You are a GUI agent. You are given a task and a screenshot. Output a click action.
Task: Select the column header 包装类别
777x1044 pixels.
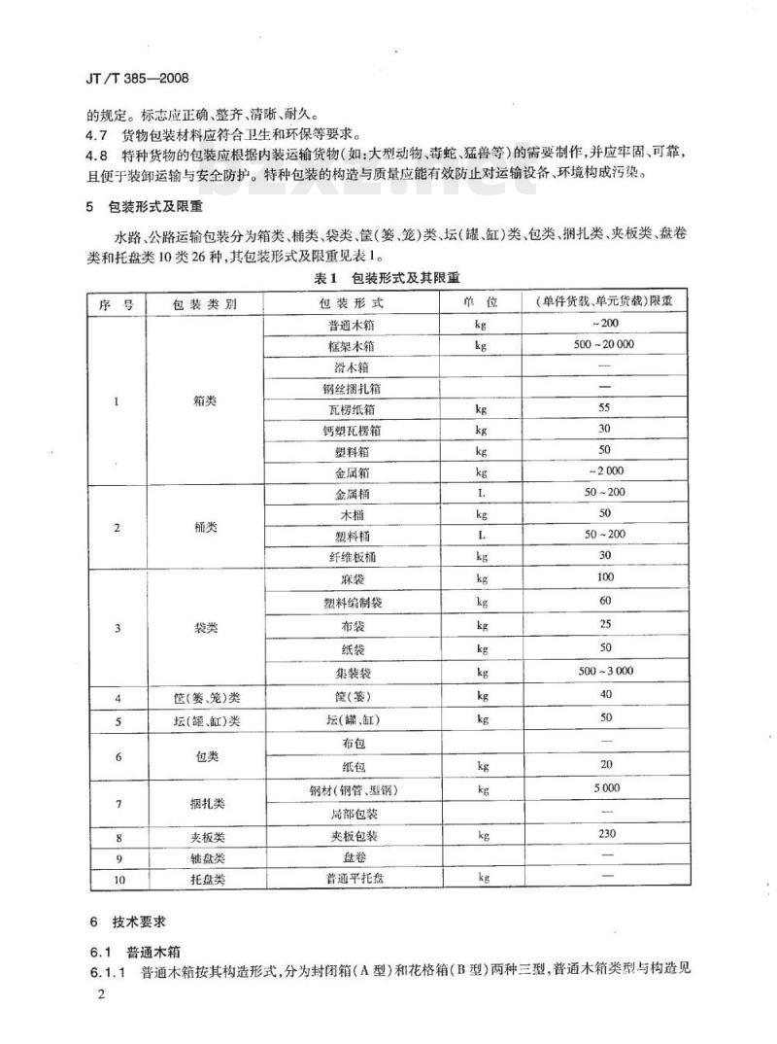tap(204, 303)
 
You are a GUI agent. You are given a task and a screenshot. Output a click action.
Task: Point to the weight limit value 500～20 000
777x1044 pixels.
tap(604, 345)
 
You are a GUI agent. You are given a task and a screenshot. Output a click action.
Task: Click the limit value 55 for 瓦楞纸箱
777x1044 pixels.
tap(604, 408)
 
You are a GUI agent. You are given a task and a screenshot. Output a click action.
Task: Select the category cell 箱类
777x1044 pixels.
tap(204, 399)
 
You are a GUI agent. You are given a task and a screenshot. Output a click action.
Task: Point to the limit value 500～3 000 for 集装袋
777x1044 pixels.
tap(604, 672)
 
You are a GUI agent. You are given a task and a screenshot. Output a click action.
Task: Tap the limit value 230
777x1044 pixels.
tap(604, 834)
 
